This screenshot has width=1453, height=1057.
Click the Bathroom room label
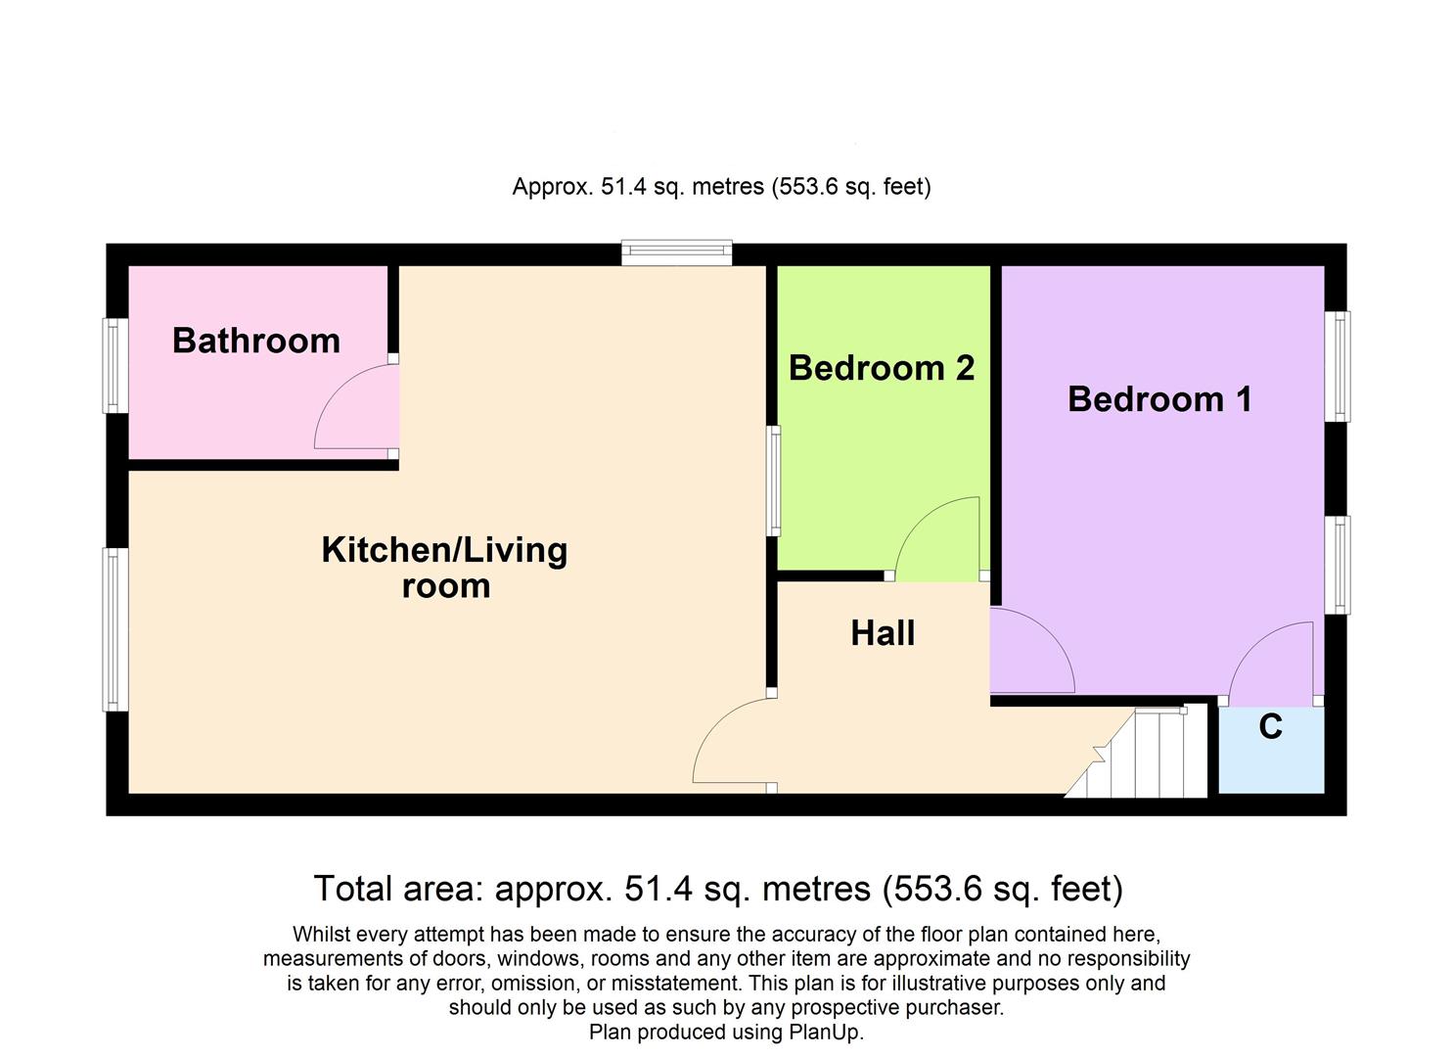pos(256,341)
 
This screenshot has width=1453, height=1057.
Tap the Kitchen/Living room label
pos(444,567)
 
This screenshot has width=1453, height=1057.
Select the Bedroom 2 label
pos(882,368)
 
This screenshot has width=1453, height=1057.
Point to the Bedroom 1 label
pos(1159,399)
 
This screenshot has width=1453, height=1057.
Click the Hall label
pos(883,633)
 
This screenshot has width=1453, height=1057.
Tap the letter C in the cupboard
pos(1270,727)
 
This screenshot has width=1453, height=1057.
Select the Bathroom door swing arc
pos(347,411)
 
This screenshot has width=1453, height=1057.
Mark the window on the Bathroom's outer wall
pos(116,365)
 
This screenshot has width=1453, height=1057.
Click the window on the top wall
pos(677,253)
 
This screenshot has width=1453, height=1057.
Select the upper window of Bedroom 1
pos(1338,366)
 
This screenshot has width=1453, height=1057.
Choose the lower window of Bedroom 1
pos(1338,565)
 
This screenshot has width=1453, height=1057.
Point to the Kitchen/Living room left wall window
pos(116,629)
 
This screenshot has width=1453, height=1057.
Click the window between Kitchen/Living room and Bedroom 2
pos(774,481)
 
